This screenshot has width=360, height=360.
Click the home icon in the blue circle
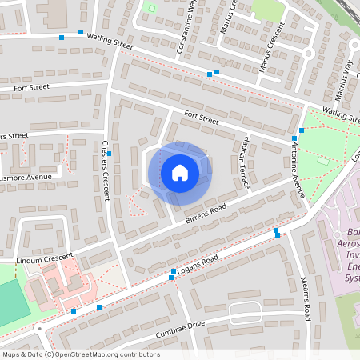tap(180, 172)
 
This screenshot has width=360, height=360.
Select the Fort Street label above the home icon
tap(201, 119)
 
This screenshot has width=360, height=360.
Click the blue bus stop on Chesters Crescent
tap(110, 154)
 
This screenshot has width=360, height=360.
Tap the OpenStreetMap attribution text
tap(81, 354)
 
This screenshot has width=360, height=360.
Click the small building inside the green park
tap(323, 160)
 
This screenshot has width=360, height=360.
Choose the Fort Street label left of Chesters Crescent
tap(53, 87)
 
